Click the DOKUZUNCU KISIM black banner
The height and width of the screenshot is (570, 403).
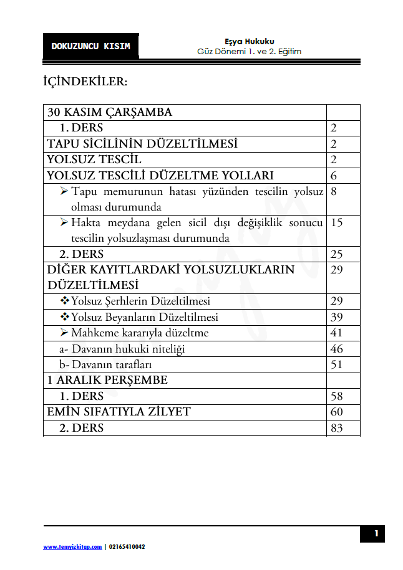point(91,46)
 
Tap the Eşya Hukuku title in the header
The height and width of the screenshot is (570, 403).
point(249,41)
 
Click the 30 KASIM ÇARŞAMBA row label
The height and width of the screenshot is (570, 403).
point(110,112)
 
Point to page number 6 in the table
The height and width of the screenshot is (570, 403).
point(334,176)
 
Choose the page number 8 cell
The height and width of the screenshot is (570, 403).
point(334,192)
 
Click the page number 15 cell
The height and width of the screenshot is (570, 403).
point(337,223)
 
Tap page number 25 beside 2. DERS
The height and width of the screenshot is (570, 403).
point(337,254)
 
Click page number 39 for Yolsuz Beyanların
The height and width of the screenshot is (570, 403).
point(337,317)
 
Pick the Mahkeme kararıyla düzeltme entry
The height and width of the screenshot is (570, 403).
point(139,333)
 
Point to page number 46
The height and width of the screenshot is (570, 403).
point(337,349)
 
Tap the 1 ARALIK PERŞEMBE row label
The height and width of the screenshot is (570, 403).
point(108,380)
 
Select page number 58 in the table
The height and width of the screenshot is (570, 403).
point(337,396)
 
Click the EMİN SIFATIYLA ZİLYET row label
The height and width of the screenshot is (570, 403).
point(119,412)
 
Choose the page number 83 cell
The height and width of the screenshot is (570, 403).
point(337,428)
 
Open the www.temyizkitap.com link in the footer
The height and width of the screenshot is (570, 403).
point(72,546)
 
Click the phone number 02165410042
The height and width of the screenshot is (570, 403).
point(127,546)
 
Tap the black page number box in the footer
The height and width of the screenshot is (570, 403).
point(376,533)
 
